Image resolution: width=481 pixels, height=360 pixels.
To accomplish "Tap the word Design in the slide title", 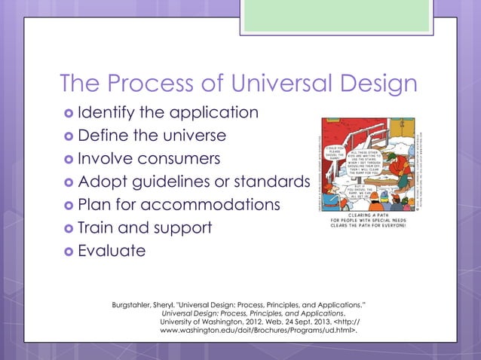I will [x=379, y=84].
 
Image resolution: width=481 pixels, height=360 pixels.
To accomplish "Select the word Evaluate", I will [x=111, y=251].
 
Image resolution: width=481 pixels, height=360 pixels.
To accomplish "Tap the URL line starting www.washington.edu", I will [x=259, y=331].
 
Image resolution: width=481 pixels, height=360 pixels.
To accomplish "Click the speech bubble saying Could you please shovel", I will [x=334, y=136].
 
